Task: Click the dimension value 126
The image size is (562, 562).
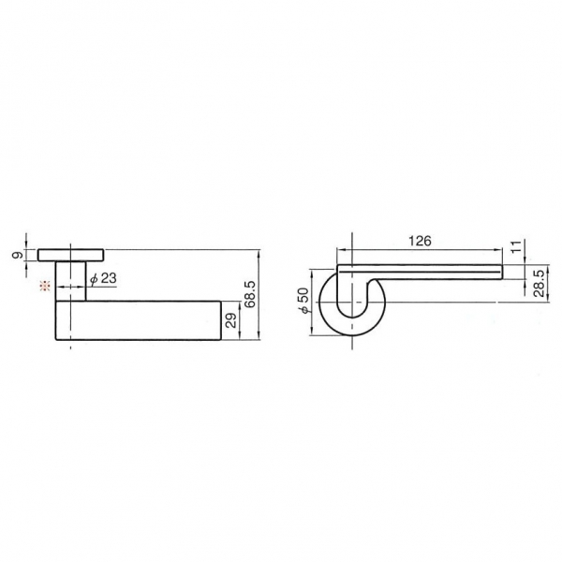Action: pos(420,241)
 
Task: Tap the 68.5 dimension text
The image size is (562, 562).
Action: pos(249,294)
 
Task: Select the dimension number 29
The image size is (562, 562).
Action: pos(231,320)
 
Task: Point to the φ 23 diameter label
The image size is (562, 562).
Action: pos(103,278)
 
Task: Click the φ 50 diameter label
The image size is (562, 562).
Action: pos(303,301)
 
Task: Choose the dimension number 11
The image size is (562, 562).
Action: pos(515,246)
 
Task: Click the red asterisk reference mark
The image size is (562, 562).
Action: pos(45,286)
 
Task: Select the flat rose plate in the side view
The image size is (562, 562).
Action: pos(71,255)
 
